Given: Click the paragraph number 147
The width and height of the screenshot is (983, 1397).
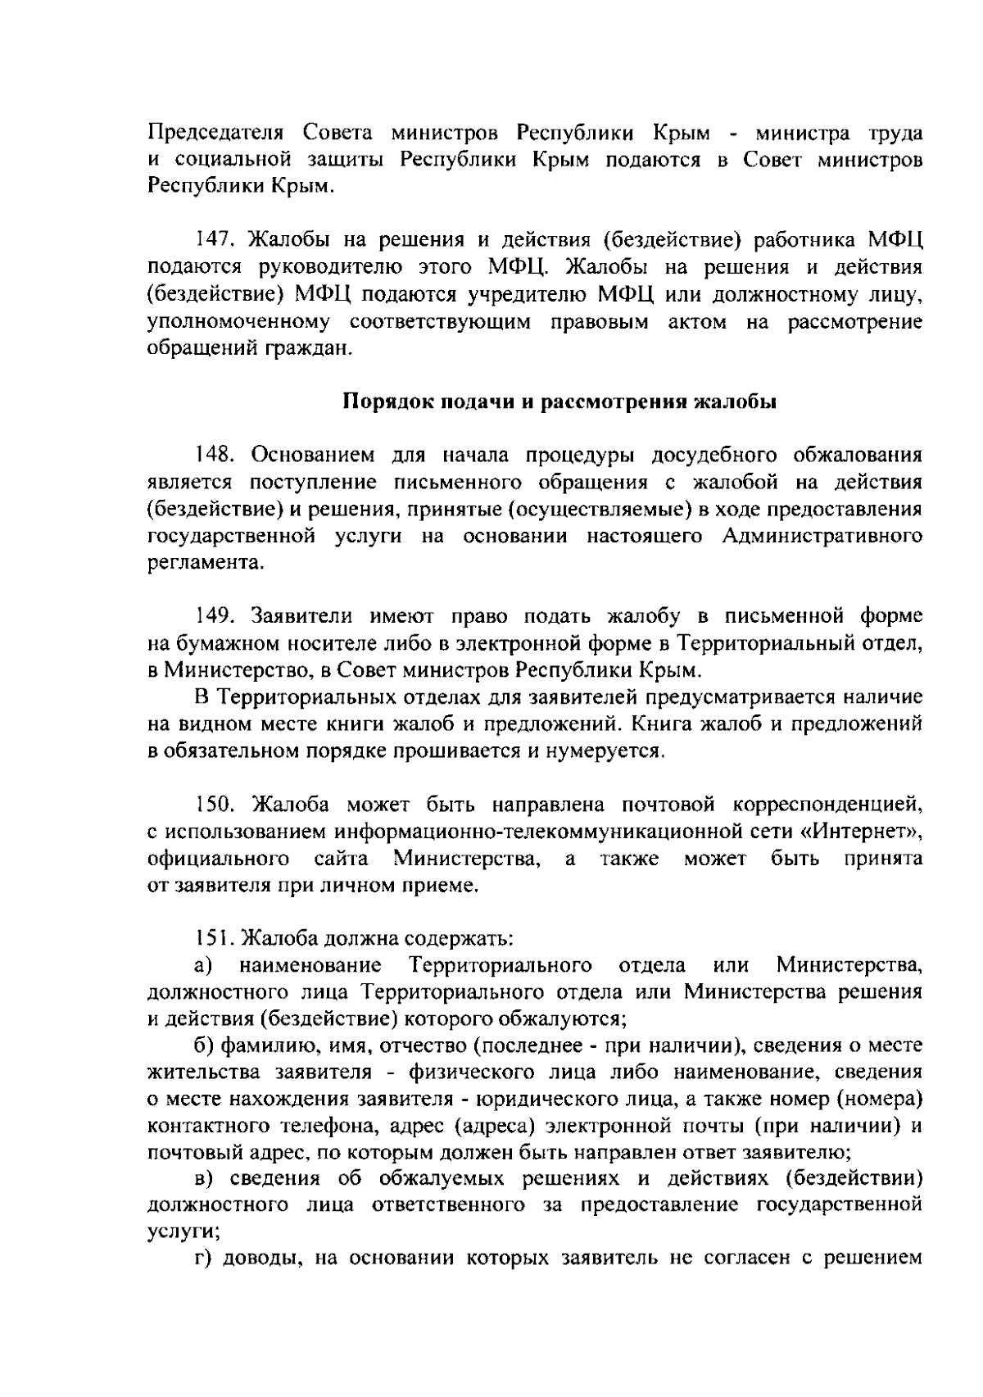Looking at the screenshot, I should [x=214, y=241].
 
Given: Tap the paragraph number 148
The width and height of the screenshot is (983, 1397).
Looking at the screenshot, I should [x=214, y=456].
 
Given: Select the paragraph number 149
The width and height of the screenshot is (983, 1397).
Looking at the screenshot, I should [x=214, y=616].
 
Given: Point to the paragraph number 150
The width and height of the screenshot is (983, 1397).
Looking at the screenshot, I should [x=215, y=805].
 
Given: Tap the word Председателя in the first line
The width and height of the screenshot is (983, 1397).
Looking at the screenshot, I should [x=215, y=134].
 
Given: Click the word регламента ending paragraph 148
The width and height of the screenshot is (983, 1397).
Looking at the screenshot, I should [x=205, y=564].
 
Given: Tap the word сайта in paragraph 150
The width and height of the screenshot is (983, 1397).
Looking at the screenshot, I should [x=341, y=859].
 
